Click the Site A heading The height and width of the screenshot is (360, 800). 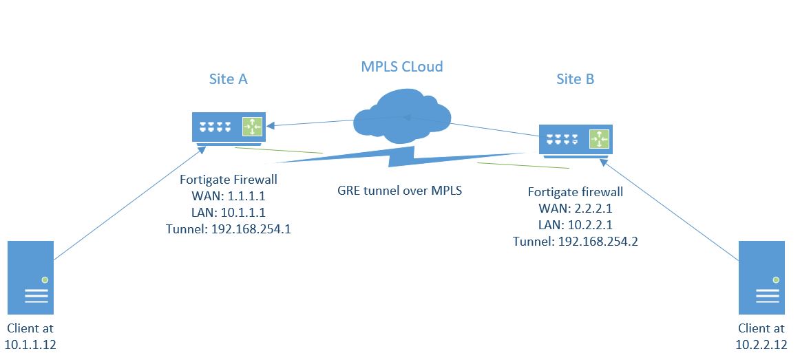(x=228, y=79)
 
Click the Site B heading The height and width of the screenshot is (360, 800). (x=575, y=79)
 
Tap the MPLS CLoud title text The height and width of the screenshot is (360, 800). (x=402, y=67)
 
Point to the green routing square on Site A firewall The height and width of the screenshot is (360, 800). (x=252, y=127)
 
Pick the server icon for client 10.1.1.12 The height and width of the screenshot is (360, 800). (x=31, y=278)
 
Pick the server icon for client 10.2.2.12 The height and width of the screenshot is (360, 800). (x=762, y=278)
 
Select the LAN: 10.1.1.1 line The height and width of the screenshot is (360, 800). (x=229, y=213)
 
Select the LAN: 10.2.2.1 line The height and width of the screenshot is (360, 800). (x=576, y=225)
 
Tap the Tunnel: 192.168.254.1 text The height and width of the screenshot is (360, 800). (x=229, y=230)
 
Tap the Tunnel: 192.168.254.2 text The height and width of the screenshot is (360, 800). (x=576, y=242)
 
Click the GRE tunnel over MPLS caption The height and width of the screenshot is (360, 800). (x=399, y=191)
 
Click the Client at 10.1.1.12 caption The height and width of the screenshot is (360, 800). (x=31, y=336)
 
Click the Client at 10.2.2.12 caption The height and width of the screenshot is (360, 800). (x=761, y=336)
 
